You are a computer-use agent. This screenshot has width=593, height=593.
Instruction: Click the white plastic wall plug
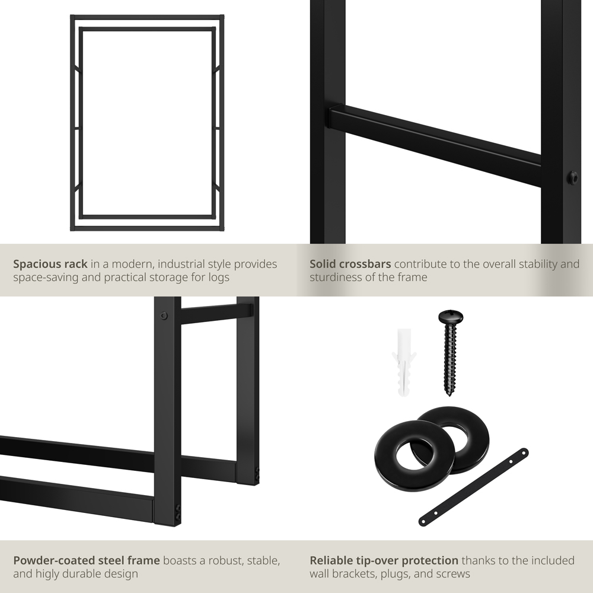click(404, 363)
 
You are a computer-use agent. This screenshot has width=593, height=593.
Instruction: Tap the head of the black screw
click(451, 317)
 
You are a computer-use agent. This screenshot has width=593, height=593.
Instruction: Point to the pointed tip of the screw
click(449, 394)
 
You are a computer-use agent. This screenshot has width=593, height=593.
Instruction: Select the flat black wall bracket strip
click(473, 487)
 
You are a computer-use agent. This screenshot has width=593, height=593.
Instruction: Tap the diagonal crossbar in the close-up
click(435, 146)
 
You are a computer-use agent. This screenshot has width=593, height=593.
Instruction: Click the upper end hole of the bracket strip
click(524, 452)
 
